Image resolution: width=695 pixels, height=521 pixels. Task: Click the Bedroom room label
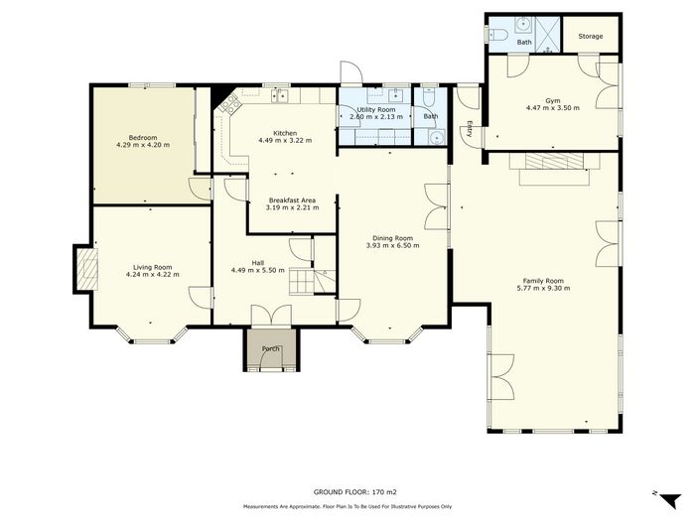tap(143, 137)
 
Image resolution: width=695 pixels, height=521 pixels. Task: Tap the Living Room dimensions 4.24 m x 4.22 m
tap(153, 274)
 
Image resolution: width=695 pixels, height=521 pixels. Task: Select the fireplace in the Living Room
tap(87, 269)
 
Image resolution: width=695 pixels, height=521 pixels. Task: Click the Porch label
tap(270, 348)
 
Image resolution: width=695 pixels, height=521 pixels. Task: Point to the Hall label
tap(257, 263)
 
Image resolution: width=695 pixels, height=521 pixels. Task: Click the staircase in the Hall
tap(313, 282)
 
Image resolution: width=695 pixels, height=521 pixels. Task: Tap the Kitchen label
tap(285, 133)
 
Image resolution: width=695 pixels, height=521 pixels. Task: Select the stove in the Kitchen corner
tap(229, 104)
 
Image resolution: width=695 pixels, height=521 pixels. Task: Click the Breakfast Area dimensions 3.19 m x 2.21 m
tap(292, 207)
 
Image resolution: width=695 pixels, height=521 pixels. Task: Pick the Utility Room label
tap(376, 109)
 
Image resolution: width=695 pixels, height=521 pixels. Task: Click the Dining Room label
tap(392, 238)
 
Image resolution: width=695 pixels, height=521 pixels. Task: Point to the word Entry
tap(469, 129)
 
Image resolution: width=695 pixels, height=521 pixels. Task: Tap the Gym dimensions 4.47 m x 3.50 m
tap(553, 107)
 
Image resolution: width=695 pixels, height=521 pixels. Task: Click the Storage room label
tap(591, 36)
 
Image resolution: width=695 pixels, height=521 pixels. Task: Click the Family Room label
tap(543, 281)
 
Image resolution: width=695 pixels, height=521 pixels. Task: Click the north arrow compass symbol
tap(670, 499)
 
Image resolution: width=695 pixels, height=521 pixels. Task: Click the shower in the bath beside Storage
tap(549, 35)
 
